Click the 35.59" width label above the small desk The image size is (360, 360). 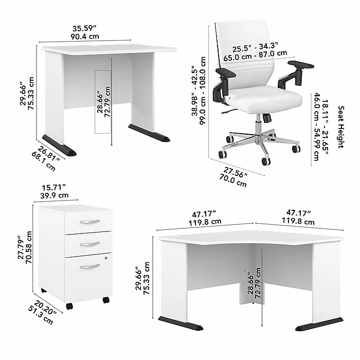pos(85,28)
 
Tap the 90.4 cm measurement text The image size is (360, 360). pos(85,37)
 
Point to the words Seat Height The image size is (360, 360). pos(340,127)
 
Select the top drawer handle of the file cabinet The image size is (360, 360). pos(89,222)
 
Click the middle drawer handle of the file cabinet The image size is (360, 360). pos(89,244)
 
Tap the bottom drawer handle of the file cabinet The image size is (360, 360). pos(89,266)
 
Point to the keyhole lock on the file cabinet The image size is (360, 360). pos(106,257)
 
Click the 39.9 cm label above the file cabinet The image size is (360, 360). pos(55,195)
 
